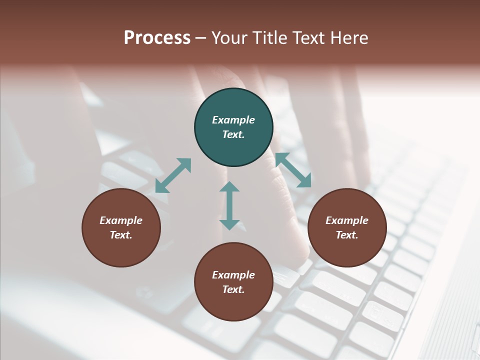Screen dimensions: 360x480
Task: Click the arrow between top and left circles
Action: (x=173, y=175)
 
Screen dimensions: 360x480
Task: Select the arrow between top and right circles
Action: (x=293, y=170)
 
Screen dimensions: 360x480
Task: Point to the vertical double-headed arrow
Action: (x=229, y=206)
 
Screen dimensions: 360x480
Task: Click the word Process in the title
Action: (x=157, y=37)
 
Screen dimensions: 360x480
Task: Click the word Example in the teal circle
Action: (x=233, y=120)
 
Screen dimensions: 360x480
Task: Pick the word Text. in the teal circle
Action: (x=233, y=134)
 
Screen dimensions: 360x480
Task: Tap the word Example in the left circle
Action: (x=121, y=220)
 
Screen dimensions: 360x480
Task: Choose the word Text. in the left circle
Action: (x=121, y=235)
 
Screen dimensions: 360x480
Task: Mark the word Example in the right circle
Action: (x=347, y=220)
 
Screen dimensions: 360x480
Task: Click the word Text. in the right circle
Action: (x=347, y=235)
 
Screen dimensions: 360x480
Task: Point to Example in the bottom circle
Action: (x=233, y=275)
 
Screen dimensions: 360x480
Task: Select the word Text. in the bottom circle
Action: (x=233, y=289)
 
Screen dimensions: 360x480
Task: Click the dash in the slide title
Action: (x=200, y=38)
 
